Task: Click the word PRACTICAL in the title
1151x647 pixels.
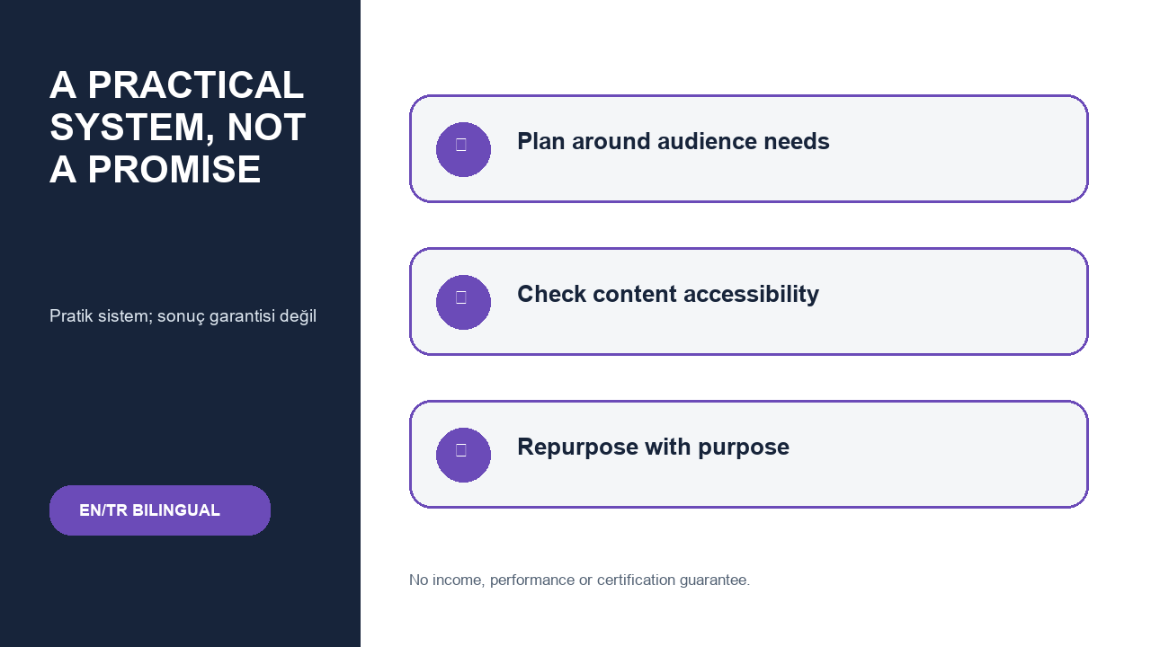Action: pos(196,84)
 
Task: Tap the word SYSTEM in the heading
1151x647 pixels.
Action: pos(132,128)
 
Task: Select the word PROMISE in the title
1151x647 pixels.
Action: pos(174,170)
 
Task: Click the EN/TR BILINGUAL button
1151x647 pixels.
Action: pos(160,510)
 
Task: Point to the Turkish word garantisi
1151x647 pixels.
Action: pos(242,316)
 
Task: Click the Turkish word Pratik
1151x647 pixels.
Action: pos(71,315)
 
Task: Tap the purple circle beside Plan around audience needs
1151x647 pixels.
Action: pos(463,149)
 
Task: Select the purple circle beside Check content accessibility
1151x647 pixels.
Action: pos(463,303)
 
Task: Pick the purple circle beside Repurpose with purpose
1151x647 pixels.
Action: pos(463,455)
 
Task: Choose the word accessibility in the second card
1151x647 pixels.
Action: pos(751,295)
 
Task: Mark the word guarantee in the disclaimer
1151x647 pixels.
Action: pos(715,581)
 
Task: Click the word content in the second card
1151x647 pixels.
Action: pos(635,294)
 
